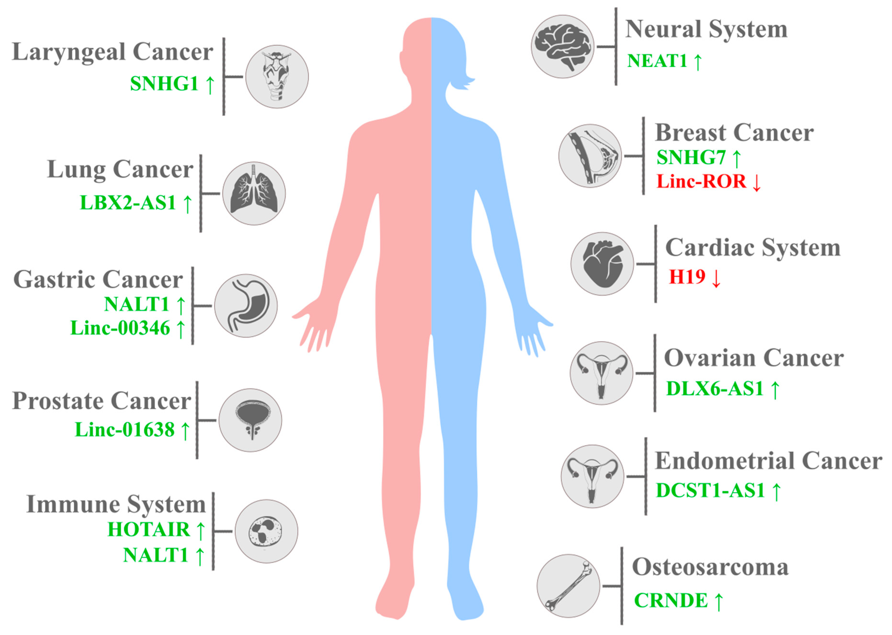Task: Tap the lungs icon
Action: (254, 193)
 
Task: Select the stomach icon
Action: (246, 305)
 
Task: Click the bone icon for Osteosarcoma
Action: (568, 586)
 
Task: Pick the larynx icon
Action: (277, 77)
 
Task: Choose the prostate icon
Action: (250, 420)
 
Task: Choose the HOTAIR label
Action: (149, 530)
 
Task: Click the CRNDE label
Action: (671, 600)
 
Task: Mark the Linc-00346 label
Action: (120, 328)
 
